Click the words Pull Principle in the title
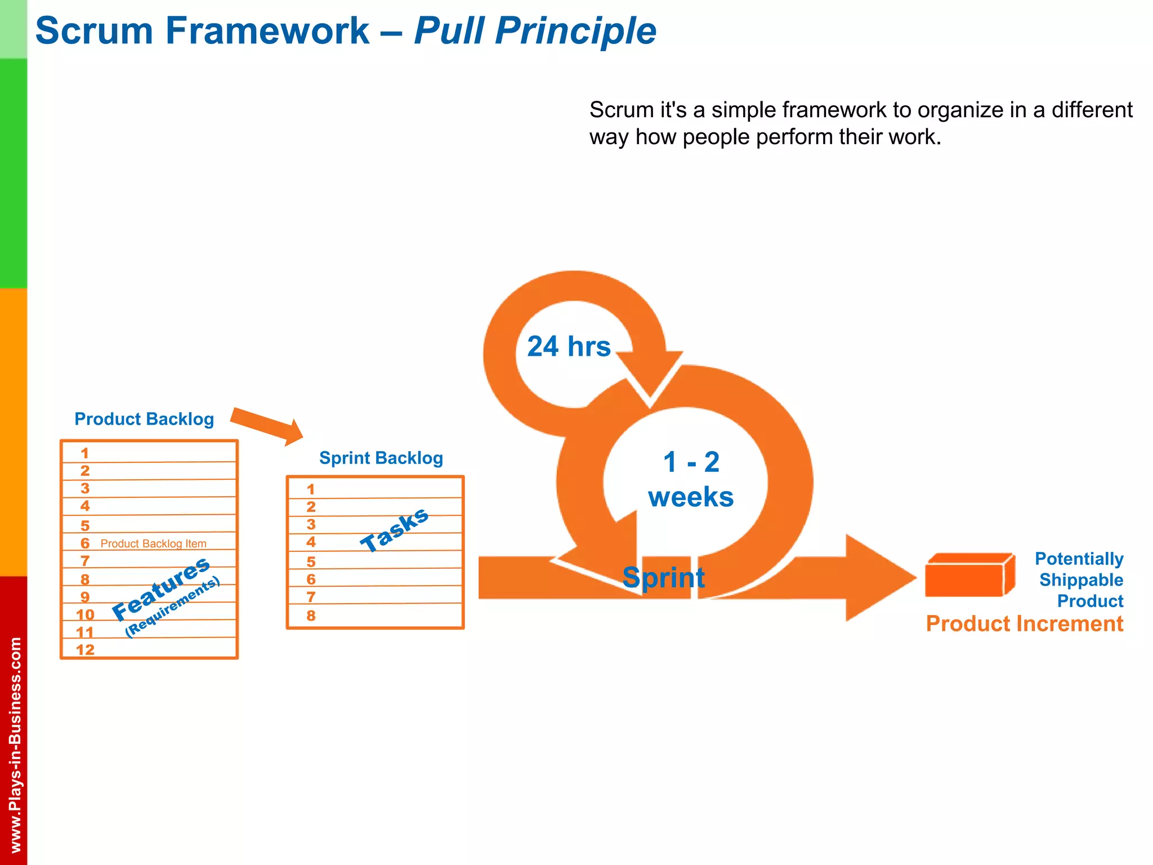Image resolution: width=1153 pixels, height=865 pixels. pyautogui.click(x=535, y=31)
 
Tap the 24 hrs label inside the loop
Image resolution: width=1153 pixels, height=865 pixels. pyautogui.click(x=569, y=346)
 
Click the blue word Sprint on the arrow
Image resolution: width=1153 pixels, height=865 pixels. pyautogui.click(x=663, y=578)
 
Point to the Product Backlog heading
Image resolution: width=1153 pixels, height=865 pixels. pyautogui.click(x=144, y=419)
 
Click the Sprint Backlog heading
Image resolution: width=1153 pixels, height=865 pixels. pyautogui.click(x=381, y=458)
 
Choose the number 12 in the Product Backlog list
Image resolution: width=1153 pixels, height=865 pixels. pyautogui.click(x=85, y=650)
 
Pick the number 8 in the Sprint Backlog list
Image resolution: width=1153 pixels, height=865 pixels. pyautogui.click(x=311, y=616)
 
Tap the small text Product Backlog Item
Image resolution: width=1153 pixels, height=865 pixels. pyautogui.click(x=153, y=543)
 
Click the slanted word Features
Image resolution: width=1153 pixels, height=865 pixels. pyautogui.click(x=161, y=588)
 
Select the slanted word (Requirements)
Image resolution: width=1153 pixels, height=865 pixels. pyautogui.click(x=172, y=608)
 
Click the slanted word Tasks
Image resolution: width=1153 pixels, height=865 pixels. pyautogui.click(x=395, y=529)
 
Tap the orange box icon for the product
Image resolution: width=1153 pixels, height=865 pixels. pyautogui.click(x=969, y=576)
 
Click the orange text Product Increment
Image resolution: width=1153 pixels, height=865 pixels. pyautogui.click(x=1024, y=624)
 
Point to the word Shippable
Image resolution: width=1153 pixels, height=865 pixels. pyautogui.click(x=1080, y=580)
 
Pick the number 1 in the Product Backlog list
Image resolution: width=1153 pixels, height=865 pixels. pyautogui.click(x=84, y=453)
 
